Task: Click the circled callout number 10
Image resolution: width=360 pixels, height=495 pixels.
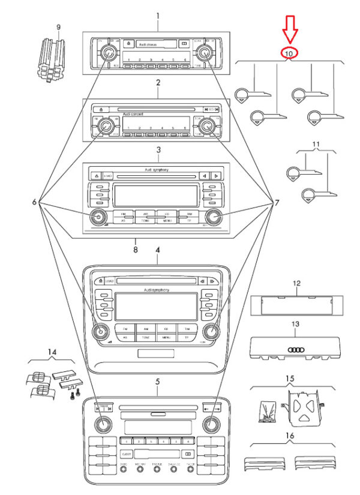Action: click(289, 53)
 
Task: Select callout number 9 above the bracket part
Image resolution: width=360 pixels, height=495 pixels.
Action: click(58, 28)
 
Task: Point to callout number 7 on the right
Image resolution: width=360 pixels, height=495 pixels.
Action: click(277, 203)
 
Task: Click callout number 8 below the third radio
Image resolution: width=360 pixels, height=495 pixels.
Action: click(136, 248)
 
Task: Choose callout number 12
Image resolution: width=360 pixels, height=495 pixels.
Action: click(296, 282)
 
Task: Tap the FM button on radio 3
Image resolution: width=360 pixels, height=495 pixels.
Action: click(123, 215)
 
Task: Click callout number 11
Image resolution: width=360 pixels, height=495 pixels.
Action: click(316, 145)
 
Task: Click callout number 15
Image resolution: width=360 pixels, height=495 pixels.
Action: click(290, 379)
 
